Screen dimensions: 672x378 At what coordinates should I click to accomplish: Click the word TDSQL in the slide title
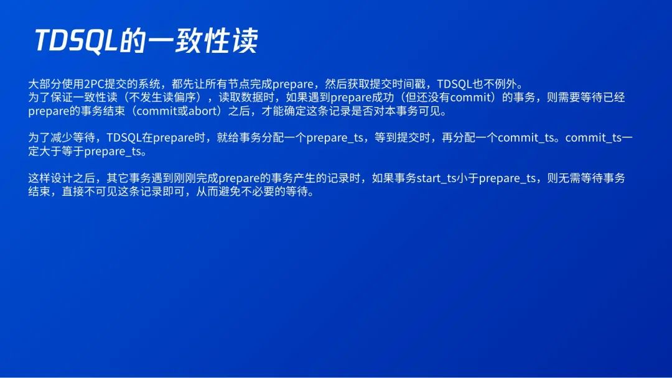(x=76, y=41)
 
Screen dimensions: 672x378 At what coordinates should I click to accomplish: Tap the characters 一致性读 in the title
(x=202, y=41)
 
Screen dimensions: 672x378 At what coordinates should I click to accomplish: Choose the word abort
(x=203, y=111)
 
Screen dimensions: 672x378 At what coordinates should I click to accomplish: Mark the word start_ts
(x=436, y=178)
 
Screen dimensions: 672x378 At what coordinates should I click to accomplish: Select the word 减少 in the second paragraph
(x=62, y=138)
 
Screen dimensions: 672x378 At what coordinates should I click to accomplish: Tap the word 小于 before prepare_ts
(x=467, y=178)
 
